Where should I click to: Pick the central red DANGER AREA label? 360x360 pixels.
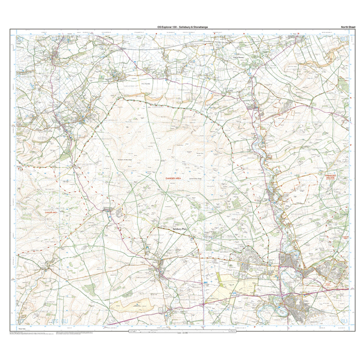click(173, 179)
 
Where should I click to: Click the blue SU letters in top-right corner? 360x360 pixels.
click(346, 39)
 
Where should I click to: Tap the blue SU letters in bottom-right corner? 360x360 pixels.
click(345, 321)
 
